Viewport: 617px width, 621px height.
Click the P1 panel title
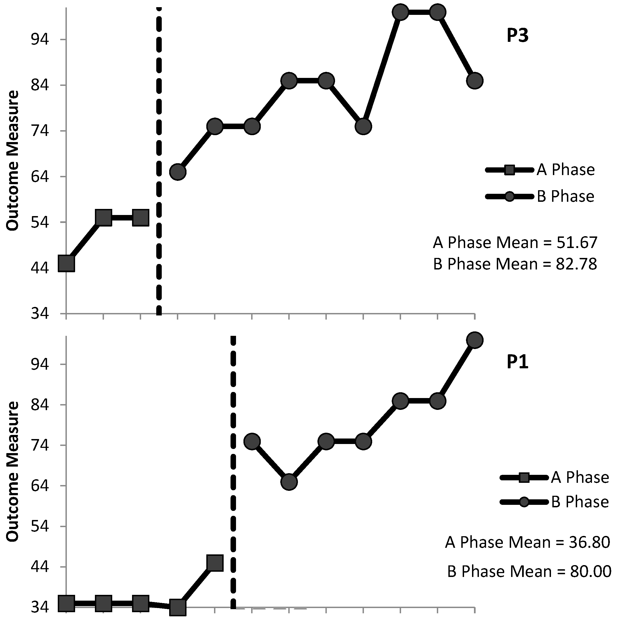click(517, 362)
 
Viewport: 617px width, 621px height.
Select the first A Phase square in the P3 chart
click(66, 264)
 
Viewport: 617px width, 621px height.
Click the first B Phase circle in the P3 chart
click(178, 172)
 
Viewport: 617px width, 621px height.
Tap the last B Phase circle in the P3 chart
click(475, 80)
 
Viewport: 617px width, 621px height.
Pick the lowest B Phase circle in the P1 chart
click(289, 482)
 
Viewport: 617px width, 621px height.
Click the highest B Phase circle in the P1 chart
click(475, 340)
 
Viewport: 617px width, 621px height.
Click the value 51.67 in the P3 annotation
click(577, 243)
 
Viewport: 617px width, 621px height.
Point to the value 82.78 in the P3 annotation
click(577, 264)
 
